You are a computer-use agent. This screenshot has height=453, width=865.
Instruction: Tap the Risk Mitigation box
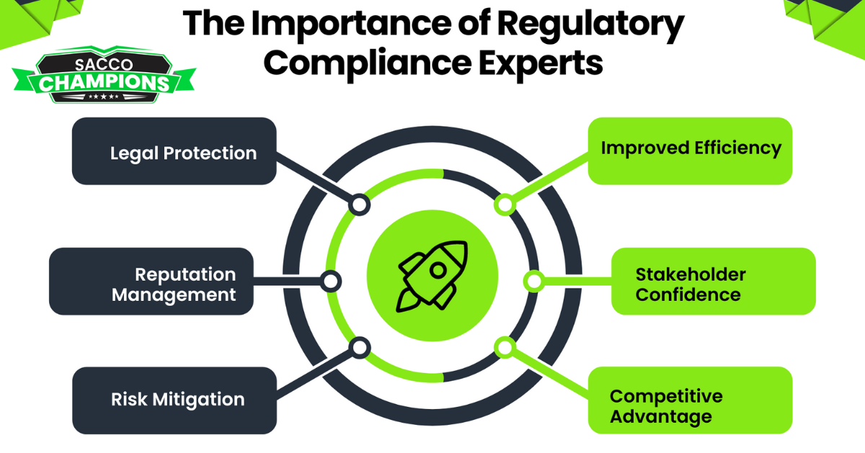[174, 400]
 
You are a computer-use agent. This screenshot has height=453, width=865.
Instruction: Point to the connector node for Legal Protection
[359, 205]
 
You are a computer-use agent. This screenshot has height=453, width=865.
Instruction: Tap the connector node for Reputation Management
[331, 281]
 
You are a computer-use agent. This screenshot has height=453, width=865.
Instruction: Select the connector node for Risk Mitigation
[359, 348]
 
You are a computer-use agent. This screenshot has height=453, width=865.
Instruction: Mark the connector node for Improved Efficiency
[505, 205]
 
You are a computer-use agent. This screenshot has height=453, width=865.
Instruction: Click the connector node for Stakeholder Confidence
[533, 281]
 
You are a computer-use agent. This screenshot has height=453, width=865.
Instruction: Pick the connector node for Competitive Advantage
[505, 348]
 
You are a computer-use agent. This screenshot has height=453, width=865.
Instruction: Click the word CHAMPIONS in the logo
[105, 83]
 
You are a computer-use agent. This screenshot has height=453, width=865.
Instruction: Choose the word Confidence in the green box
[688, 294]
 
